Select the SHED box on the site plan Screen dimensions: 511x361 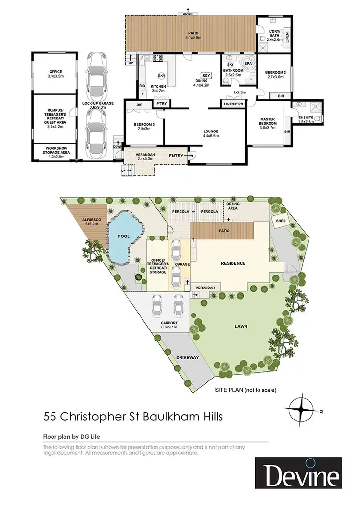pos(280,220)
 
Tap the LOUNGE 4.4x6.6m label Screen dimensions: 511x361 pos(211,133)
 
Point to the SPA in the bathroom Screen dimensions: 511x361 pos(249,64)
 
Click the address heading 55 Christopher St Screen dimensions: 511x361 pos(133,417)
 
